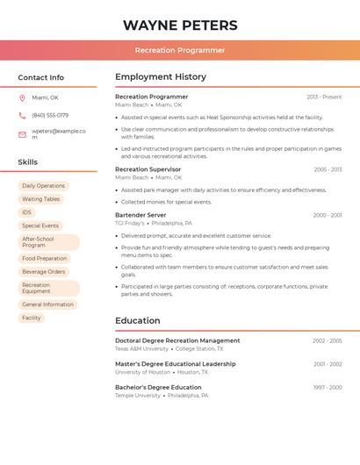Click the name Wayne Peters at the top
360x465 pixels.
coord(180,25)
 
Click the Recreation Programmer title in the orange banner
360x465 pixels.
coord(180,50)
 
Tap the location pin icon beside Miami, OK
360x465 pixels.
coord(22,98)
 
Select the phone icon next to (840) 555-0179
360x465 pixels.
coord(22,115)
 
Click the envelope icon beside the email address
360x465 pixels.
coord(22,134)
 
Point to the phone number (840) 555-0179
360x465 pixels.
coord(50,115)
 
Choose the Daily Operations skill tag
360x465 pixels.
coord(44,186)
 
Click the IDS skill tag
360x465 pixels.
coord(27,212)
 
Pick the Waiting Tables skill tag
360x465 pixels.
coord(41,199)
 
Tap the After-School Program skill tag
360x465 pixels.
coord(48,242)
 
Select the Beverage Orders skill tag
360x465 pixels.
coord(44,272)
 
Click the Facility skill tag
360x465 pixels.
coord(32,318)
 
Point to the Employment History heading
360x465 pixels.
coord(161,77)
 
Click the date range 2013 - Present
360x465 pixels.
coord(324,97)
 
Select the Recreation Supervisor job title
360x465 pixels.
coord(148,169)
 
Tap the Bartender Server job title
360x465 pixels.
coord(140,215)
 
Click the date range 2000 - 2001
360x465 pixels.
coord(327,215)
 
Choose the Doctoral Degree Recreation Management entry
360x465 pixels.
coord(177,340)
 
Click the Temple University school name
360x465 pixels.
coord(138,396)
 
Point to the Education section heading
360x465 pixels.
coord(137,321)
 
